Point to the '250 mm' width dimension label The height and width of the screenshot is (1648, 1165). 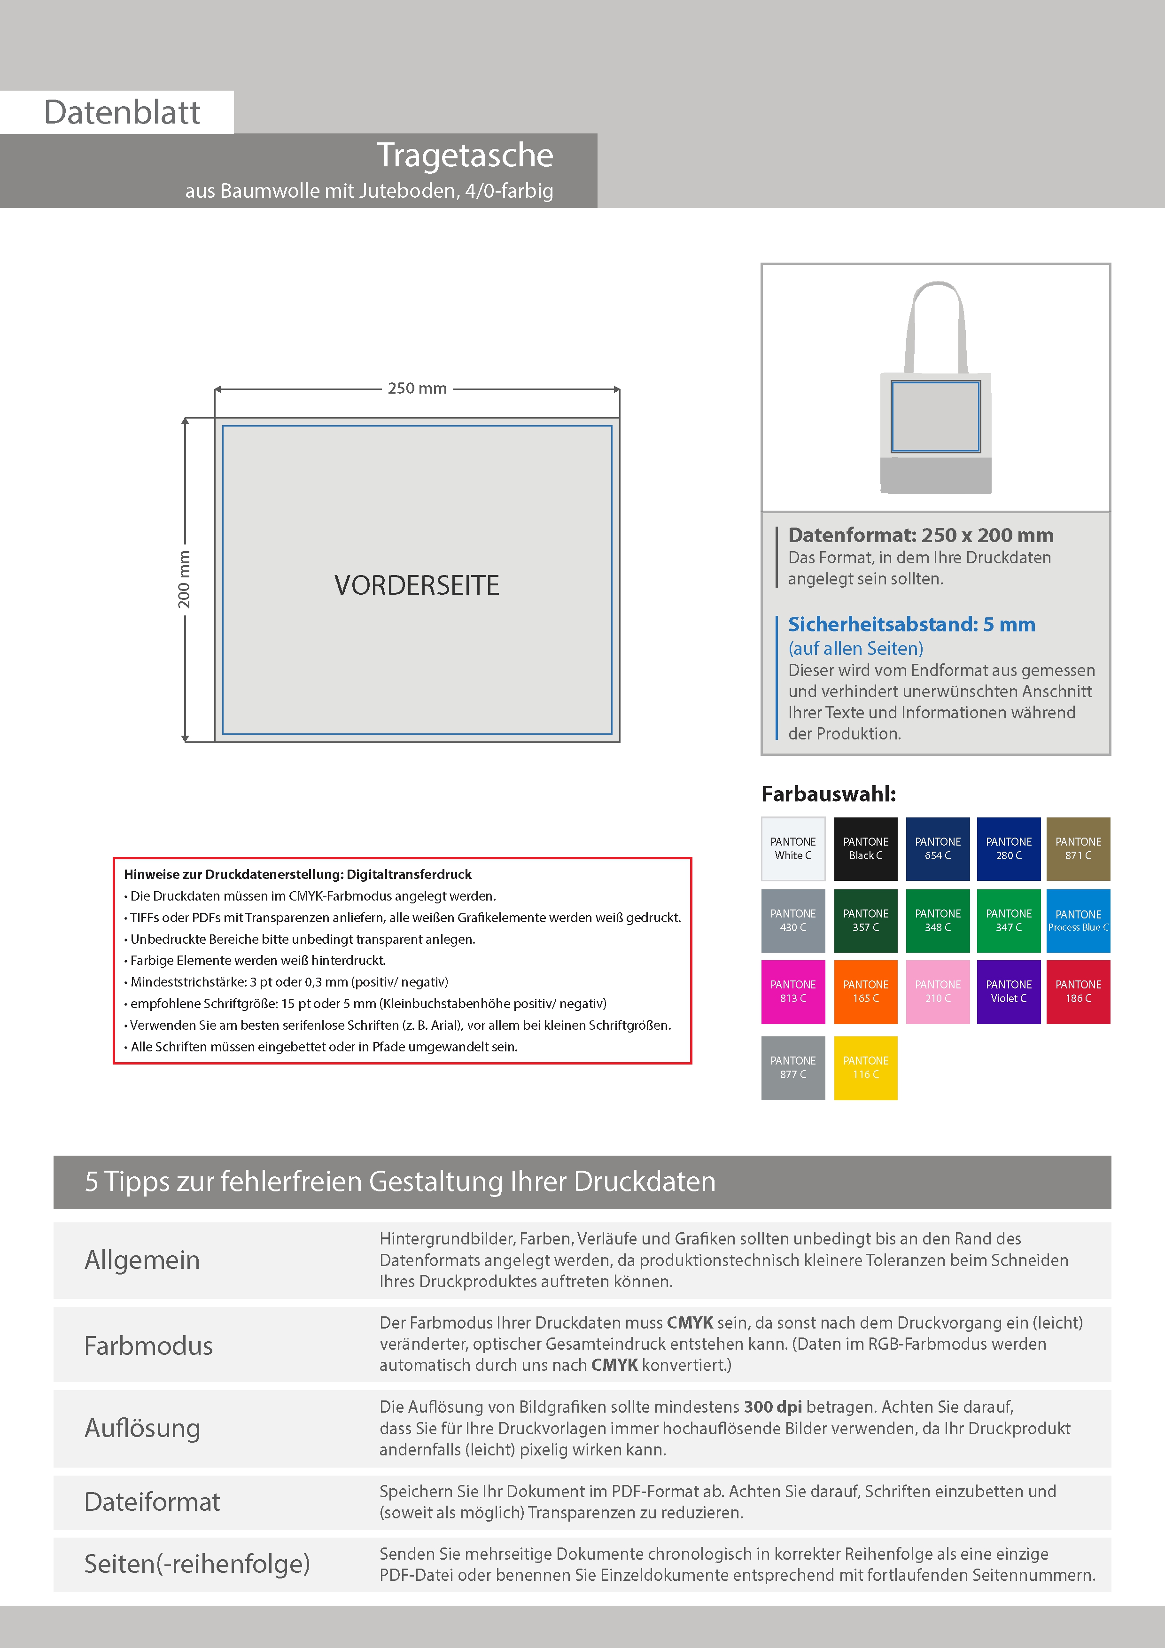pos(417,389)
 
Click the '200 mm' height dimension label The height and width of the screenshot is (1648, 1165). pos(185,579)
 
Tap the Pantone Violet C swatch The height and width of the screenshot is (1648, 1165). pos(1009,991)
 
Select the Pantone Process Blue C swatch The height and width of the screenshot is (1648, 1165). pos(1078,920)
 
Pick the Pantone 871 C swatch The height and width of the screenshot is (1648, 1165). pos(1078,848)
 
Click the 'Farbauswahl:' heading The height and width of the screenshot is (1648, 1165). pos(828,794)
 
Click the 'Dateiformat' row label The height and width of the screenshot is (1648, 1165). pos(152,1501)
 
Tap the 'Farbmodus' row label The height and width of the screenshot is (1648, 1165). pos(148,1345)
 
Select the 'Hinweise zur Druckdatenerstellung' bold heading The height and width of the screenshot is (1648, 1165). pos(298,874)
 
